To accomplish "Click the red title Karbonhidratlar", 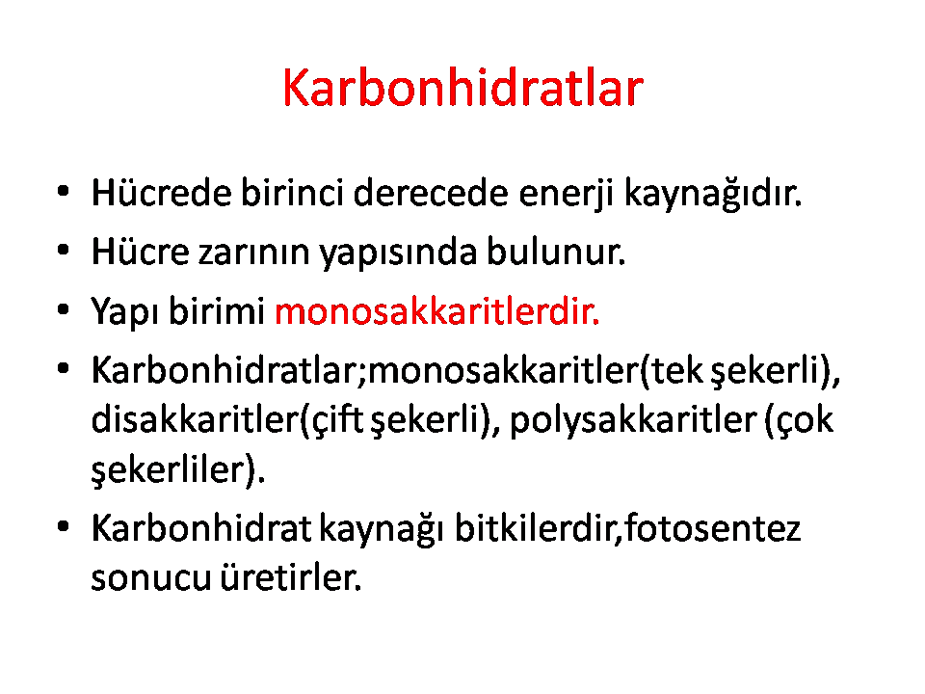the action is click(x=462, y=88).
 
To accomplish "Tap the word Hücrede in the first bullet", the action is click(x=161, y=193).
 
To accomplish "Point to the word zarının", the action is click(x=253, y=253).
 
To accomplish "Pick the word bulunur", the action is click(x=556, y=251).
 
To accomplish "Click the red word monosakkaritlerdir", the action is click(x=437, y=310).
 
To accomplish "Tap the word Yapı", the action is click(x=125, y=312).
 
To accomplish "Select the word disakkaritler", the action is click(x=196, y=419).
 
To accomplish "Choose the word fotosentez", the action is click(x=713, y=528).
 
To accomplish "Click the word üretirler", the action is click(x=291, y=576).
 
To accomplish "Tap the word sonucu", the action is click(x=151, y=578).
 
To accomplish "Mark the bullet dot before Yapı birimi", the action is click(x=64, y=309).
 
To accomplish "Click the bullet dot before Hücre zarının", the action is click(x=64, y=250).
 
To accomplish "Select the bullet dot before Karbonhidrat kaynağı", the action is click(x=64, y=526).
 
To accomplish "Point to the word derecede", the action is click(x=431, y=193).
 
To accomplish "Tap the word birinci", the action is click(x=292, y=193).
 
